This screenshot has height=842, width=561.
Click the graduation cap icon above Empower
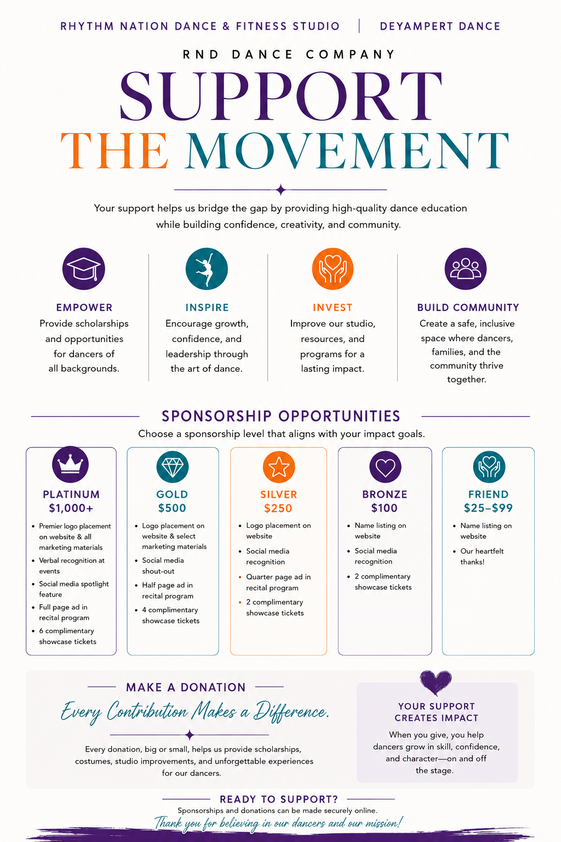tap(83, 269)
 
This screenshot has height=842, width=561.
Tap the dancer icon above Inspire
tap(207, 269)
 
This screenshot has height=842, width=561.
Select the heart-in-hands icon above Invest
tap(333, 269)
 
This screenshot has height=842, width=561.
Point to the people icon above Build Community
tap(466, 269)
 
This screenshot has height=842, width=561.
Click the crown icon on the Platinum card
tap(70, 465)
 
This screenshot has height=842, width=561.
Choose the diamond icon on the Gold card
tap(173, 467)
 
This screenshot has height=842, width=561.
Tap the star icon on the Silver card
tap(279, 467)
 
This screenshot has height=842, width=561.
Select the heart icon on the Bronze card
tap(385, 467)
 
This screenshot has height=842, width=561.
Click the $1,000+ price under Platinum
tap(71, 508)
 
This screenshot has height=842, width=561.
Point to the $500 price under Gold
tap(172, 508)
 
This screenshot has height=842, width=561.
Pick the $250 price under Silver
tap(278, 508)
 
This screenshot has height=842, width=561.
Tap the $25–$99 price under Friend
tap(488, 508)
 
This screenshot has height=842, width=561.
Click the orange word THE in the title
tap(115, 150)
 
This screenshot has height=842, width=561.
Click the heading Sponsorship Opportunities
tap(280, 416)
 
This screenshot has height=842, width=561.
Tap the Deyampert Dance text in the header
tap(440, 26)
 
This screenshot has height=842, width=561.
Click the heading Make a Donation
tap(186, 687)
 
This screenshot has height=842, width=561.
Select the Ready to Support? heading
tap(279, 799)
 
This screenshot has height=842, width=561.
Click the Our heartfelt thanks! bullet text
tap(482, 556)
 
